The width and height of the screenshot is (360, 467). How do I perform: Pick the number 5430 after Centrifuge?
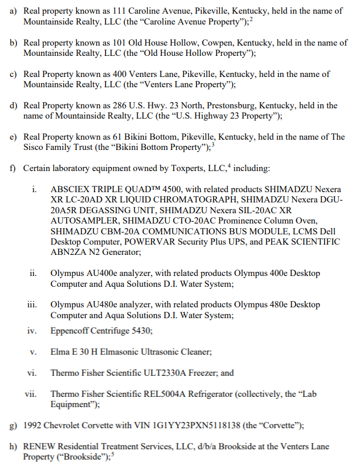click(141, 331)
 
